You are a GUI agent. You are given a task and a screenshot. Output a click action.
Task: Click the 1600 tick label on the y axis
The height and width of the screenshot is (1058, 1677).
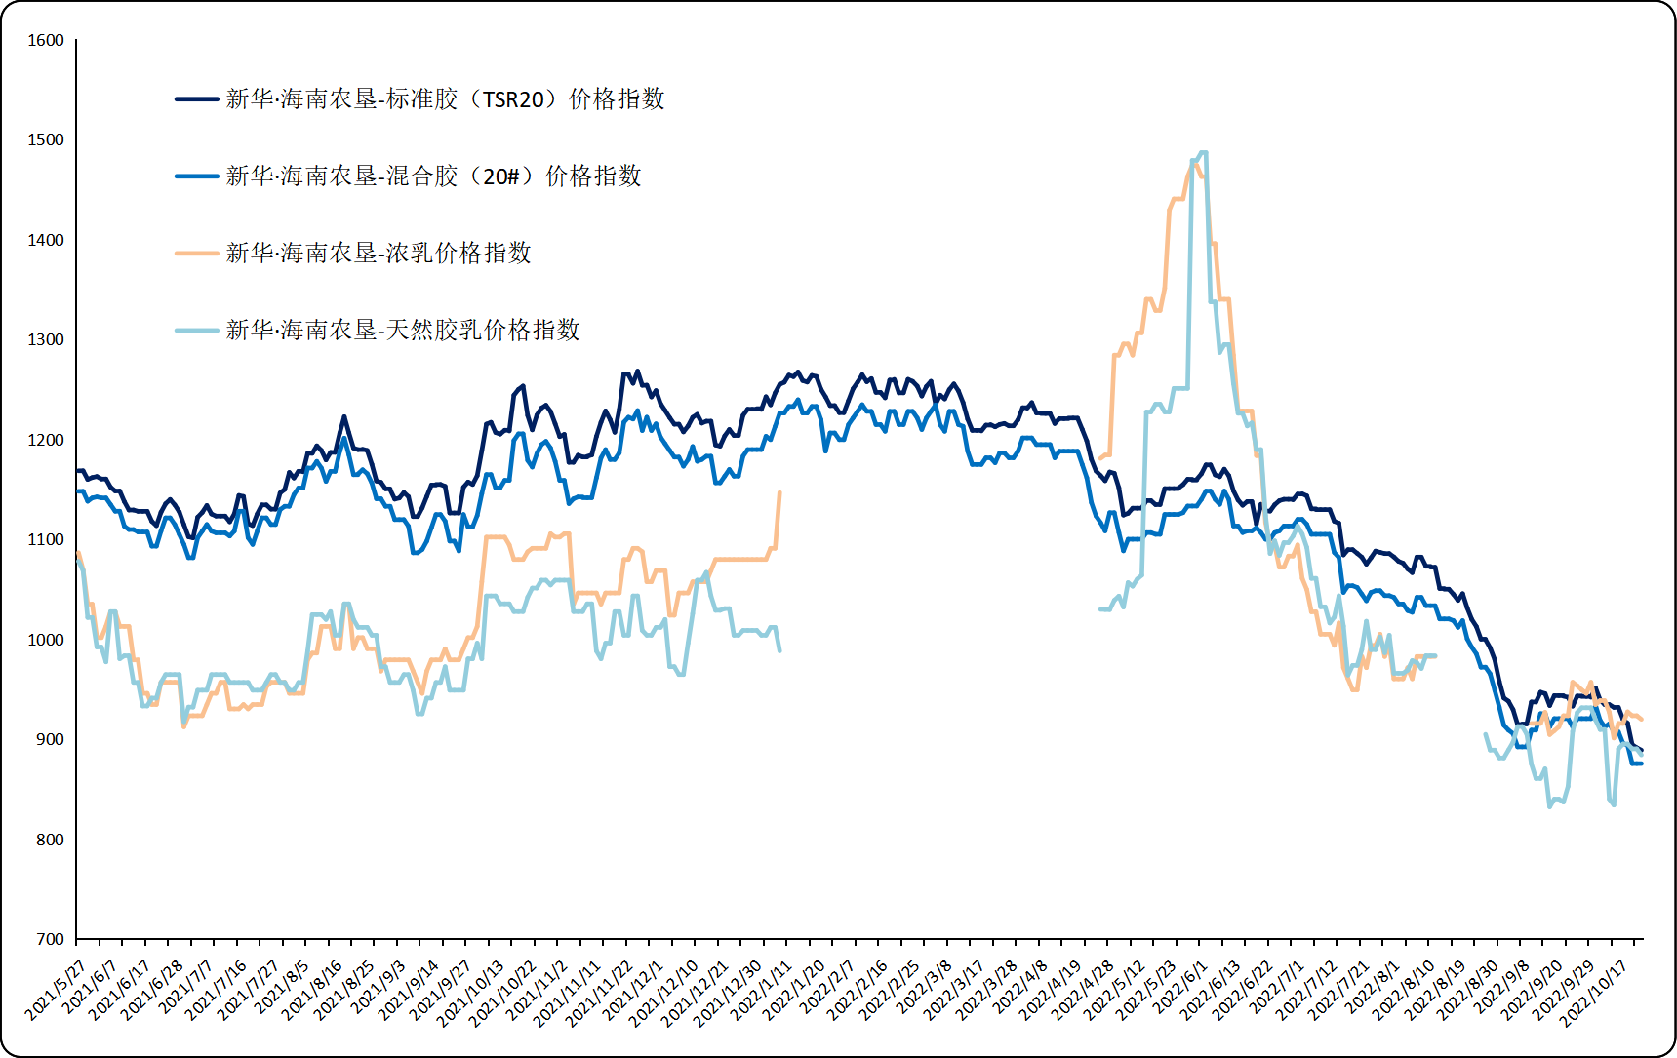46,41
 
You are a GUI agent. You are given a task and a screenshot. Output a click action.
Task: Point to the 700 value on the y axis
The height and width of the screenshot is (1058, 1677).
50,940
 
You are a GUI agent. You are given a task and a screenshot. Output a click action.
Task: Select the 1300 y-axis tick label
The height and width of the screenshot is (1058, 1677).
46,340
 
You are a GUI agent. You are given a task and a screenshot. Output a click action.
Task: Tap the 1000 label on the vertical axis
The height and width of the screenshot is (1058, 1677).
46,641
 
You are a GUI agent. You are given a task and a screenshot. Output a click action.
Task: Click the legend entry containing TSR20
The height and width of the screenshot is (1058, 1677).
445,99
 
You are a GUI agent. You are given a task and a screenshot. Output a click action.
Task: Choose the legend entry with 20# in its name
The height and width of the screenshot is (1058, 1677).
433,176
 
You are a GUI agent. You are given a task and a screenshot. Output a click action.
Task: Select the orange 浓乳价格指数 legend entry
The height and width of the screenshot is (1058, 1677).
379,254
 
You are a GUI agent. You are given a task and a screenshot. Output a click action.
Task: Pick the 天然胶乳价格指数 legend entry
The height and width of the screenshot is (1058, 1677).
403,331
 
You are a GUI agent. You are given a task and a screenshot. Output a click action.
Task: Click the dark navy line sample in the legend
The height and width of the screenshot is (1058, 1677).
197,99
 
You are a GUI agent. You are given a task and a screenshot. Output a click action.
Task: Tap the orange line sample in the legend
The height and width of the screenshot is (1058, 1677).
197,254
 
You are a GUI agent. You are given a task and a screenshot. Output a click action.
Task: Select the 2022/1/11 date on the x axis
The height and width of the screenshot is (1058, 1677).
763,990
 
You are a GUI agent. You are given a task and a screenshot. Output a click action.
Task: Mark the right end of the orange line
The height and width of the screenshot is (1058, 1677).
1643,719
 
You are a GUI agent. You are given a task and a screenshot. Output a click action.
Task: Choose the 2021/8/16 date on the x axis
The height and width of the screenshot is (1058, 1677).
312,990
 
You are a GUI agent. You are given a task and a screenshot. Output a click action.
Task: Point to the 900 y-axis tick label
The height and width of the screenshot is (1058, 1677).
50,740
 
